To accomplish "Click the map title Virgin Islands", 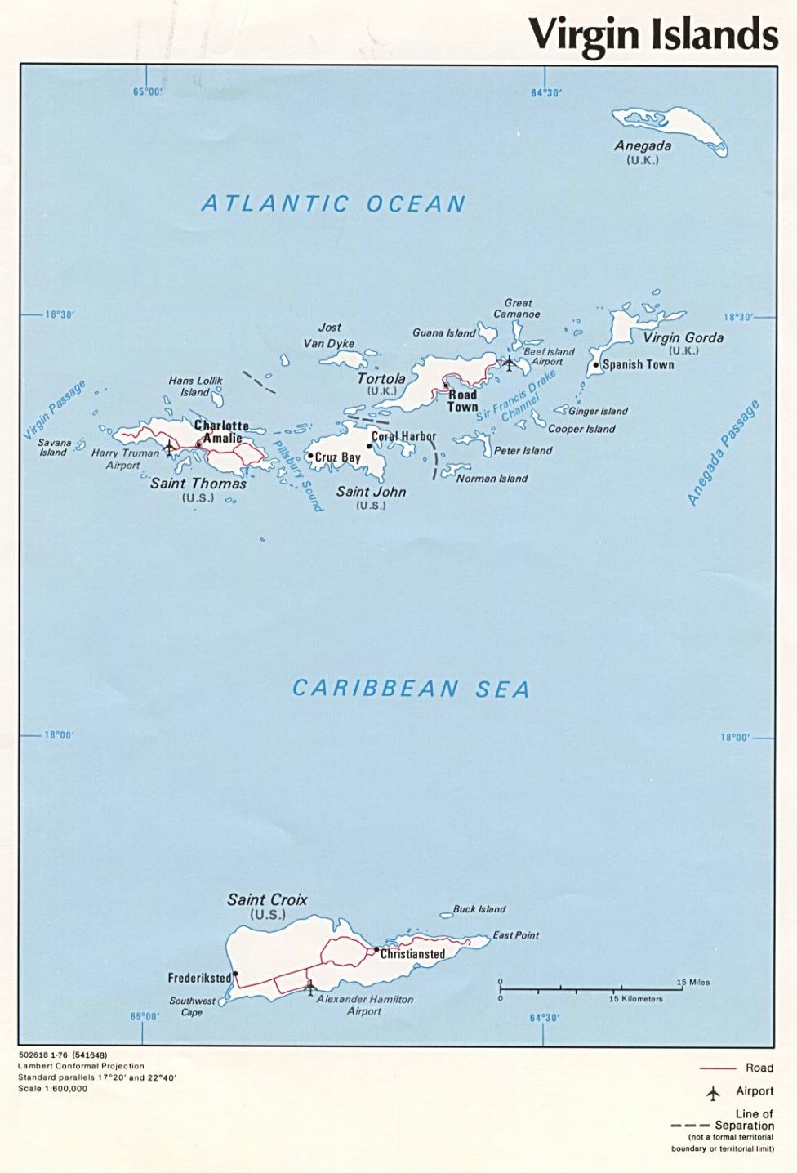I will pos(652,34).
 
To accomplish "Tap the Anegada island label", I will pos(643,146).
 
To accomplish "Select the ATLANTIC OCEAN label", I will pos(333,203).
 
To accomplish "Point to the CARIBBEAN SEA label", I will pos(411,689).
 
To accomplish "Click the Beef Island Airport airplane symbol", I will pos(510,362).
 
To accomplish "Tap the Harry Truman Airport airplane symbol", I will pos(169,448).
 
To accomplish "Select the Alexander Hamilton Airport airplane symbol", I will pos(310,988).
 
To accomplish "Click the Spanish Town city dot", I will pos(596,365).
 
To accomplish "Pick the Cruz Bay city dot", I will pos(310,457).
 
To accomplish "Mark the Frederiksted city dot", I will pos(235,974).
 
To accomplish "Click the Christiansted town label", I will pos(412,954).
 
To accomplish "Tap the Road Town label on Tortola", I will pos(462,400).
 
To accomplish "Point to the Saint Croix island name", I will pos(267,899).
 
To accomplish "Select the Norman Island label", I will pos(492,479).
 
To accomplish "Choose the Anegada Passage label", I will pos(724,453).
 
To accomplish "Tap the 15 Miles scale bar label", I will pos(692,982).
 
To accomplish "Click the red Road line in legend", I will pos(717,1068).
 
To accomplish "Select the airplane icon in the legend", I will pos(714,1093).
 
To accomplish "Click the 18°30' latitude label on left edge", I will pos(59,314).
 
